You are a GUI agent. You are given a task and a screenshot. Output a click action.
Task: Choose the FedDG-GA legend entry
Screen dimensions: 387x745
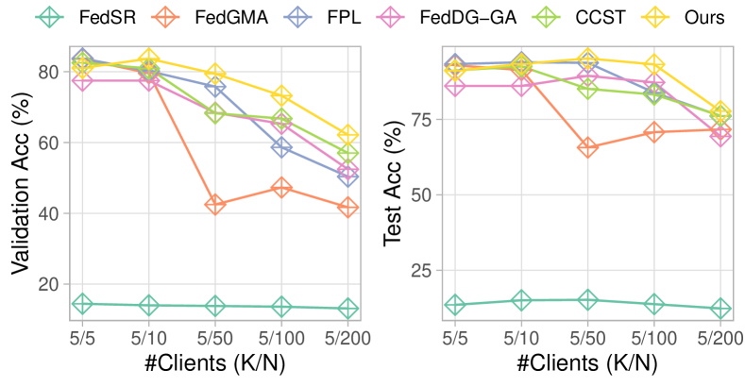click(x=451, y=17)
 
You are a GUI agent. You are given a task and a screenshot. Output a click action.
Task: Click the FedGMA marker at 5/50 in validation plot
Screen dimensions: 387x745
click(x=215, y=205)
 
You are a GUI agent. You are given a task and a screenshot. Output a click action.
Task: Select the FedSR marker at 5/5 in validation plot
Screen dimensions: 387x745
click(x=82, y=304)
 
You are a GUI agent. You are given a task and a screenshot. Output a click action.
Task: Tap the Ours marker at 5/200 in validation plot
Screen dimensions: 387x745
click(x=348, y=135)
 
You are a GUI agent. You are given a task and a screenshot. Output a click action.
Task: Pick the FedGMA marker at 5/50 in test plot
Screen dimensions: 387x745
click(x=587, y=147)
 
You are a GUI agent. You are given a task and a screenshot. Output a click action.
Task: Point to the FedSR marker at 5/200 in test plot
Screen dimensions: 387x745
click(x=720, y=309)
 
